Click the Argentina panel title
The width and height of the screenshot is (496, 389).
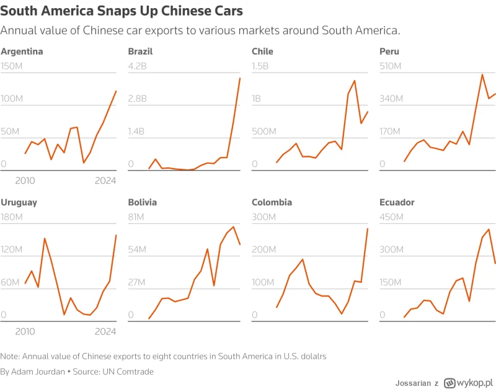point(22,51)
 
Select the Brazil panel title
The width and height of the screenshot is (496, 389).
point(140,51)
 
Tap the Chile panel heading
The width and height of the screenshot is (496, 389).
point(262,51)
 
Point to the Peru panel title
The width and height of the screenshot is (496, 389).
point(389,51)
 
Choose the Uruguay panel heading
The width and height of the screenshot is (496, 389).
point(19,202)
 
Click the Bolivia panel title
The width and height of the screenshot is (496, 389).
point(142,202)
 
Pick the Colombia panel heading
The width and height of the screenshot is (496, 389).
point(272,202)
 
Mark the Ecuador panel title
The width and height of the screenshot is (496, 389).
point(396,202)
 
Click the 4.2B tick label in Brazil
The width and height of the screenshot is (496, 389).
point(138,66)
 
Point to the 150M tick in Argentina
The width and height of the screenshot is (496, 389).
point(12,66)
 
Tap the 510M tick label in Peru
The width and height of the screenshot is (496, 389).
point(391,66)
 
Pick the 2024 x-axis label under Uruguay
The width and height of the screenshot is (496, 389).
point(106,331)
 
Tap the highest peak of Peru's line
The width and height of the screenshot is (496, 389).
point(482,74)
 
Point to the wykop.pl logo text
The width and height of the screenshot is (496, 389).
point(474,383)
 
